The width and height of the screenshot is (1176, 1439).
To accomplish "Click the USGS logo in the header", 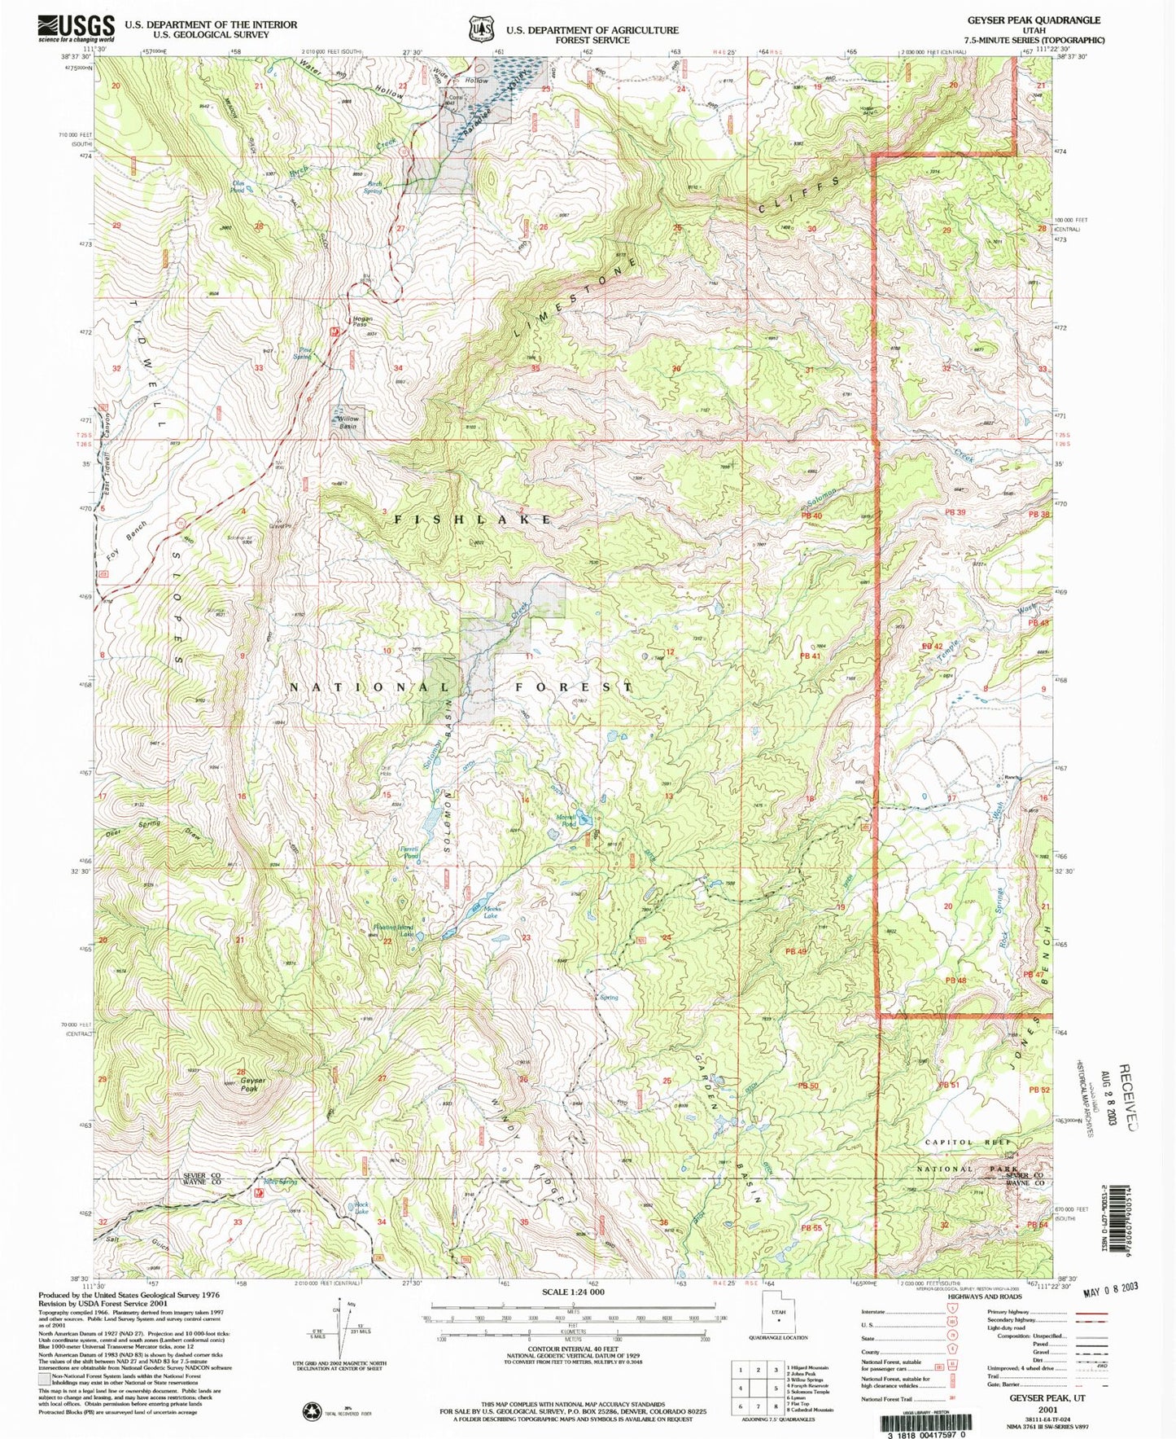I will (76, 29).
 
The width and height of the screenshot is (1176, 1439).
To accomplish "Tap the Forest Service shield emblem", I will (481, 29).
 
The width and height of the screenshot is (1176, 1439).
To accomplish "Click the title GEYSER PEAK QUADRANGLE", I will (1033, 20).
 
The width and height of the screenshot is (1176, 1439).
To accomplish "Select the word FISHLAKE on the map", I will (474, 519).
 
